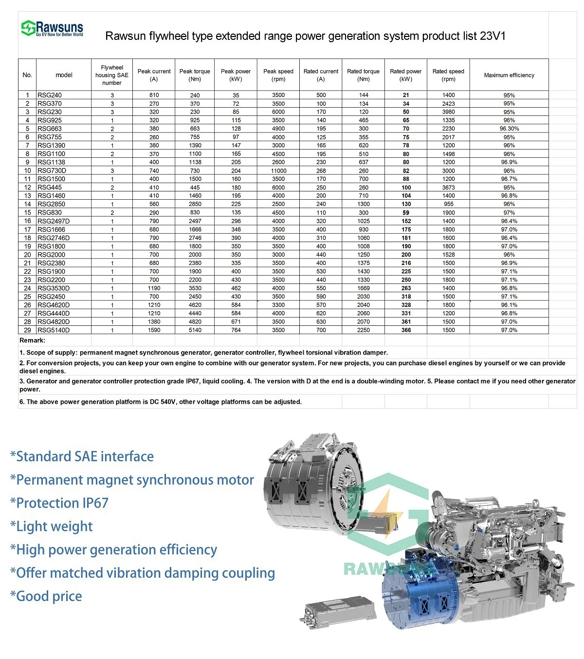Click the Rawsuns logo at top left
(x=52, y=28)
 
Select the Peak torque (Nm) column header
(x=195, y=75)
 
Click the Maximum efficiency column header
(x=509, y=75)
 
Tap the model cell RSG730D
(x=52, y=170)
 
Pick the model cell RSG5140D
(x=54, y=330)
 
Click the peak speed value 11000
(x=278, y=170)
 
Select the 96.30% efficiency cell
(x=509, y=129)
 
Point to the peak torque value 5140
(x=195, y=330)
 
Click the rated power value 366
(x=406, y=330)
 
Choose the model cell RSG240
(x=50, y=95)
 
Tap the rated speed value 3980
(x=448, y=112)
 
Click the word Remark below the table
(x=32, y=340)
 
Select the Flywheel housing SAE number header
(x=112, y=75)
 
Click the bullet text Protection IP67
(x=59, y=503)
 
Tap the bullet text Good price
(x=46, y=596)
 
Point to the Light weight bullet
(x=52, y=527)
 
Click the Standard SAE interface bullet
(x=82, y=456)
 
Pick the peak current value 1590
(x=154, y=330)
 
